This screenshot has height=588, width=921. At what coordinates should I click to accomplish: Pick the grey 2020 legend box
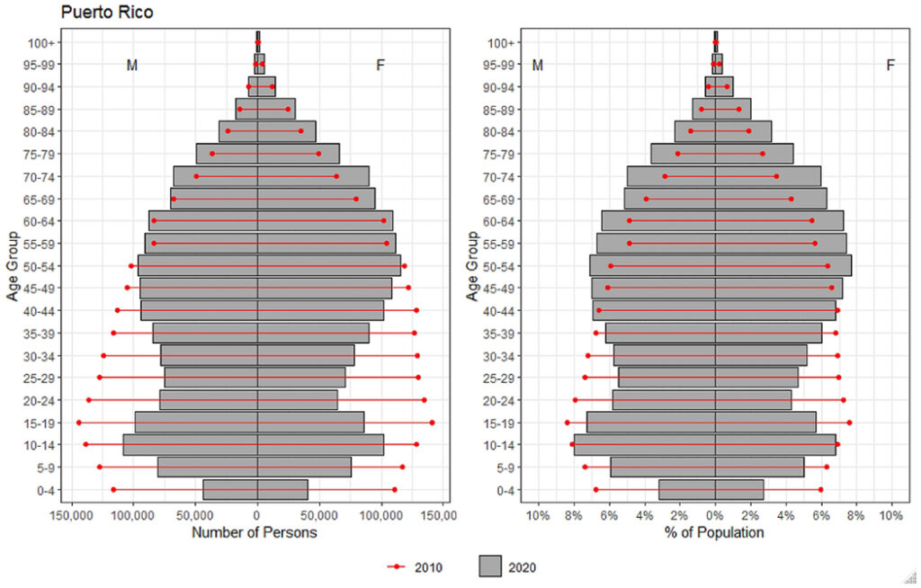(x=490, y=567)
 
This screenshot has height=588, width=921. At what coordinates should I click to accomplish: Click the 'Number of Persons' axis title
(x=255, y=532)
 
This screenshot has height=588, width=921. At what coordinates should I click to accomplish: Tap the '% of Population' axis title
(x=714, y=532)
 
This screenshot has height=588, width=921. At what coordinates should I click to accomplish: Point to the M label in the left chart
(x=132, y=66)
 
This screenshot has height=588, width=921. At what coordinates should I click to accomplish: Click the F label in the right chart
(x=890, y=65)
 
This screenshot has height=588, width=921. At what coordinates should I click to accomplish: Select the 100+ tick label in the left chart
(x=42, y=42)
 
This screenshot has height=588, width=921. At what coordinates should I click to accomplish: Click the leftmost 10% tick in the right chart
(x=538, y=515)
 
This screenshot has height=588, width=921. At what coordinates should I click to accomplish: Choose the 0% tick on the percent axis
(x=715, y=515)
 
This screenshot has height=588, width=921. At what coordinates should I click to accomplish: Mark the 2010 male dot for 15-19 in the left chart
(x=79, y=423)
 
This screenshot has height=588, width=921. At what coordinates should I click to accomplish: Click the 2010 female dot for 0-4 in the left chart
(x=395, y=489)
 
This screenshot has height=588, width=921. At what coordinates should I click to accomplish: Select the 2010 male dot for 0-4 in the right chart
(x=595, y=489)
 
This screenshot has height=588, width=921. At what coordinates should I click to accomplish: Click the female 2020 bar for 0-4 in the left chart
(x=282, y=489)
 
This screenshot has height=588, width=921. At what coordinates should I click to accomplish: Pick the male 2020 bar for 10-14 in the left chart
(x=190, y=445)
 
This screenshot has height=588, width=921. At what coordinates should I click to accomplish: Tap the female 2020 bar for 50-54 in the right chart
(x=782, y=266)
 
